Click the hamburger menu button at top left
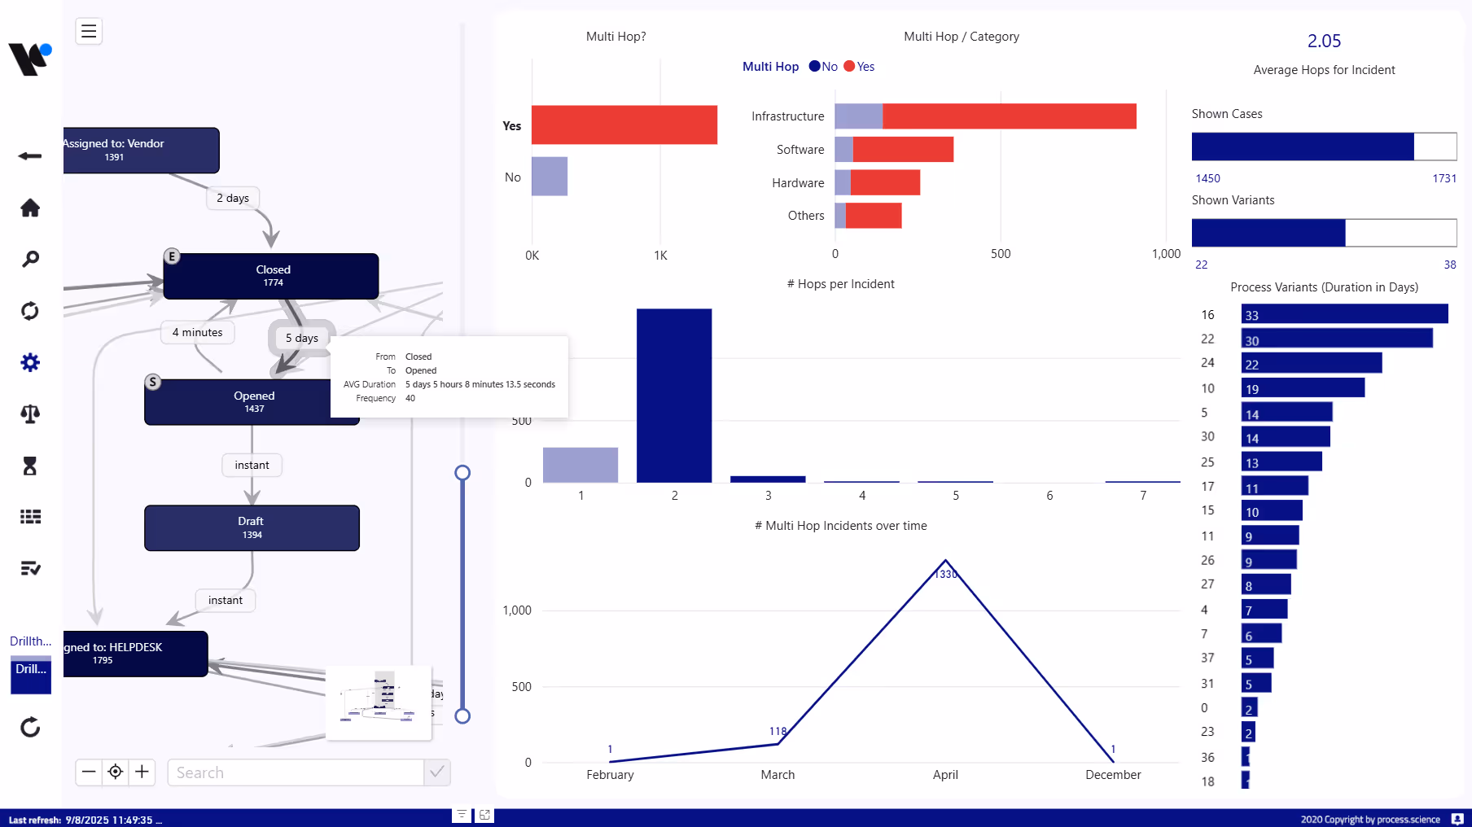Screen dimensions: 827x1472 [89, 31]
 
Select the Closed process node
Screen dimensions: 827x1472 [271, 276]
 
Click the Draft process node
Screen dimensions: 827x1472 [252, 527]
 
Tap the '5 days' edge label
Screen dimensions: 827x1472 [301, 338]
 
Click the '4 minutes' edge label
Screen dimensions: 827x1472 [197, 332]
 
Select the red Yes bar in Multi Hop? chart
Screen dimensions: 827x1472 [624, 125]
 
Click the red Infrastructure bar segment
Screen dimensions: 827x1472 [1009, 116]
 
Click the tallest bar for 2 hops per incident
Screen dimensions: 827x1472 [673, 396]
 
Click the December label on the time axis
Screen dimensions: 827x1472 [1112, 775]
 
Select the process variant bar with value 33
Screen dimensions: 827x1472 [1343, 315]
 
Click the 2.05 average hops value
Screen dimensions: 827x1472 [1324, 42]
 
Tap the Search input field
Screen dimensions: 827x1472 [296, 772]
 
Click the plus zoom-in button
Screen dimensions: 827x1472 [142, 772]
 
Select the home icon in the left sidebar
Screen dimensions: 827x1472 [30, 208]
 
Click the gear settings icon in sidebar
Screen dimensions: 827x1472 [30, 362]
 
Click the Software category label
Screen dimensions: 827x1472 [800, 150]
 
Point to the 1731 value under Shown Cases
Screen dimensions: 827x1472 [1444, 178]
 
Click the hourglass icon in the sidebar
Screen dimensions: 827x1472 [30, 466]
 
